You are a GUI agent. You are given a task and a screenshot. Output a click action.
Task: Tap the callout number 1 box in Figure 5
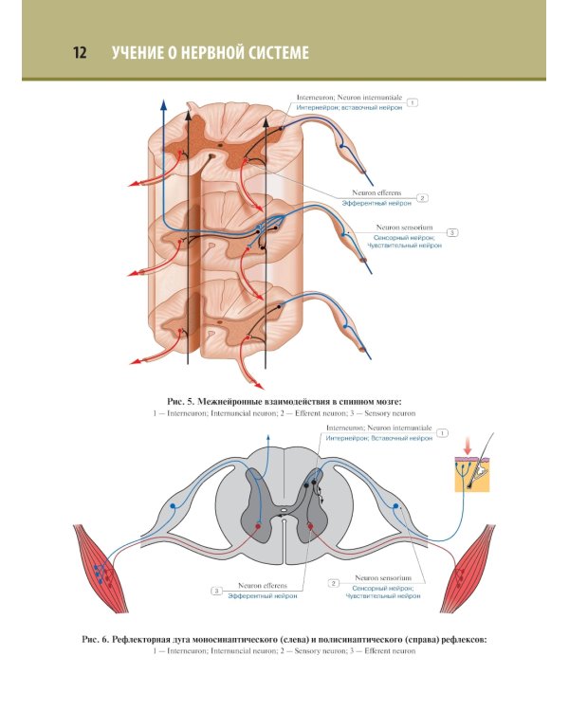coord(413,101)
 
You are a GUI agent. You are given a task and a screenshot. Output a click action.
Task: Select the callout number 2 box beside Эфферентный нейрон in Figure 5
coord(423,198)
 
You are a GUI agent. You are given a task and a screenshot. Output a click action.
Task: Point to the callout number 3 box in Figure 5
coord(451,232)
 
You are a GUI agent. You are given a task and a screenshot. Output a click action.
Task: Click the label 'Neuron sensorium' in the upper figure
coord(405,228)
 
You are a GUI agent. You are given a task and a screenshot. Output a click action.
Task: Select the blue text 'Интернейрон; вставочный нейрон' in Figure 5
coord(349,109)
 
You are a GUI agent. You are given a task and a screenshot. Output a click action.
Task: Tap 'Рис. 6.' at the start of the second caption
coord(99,640)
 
